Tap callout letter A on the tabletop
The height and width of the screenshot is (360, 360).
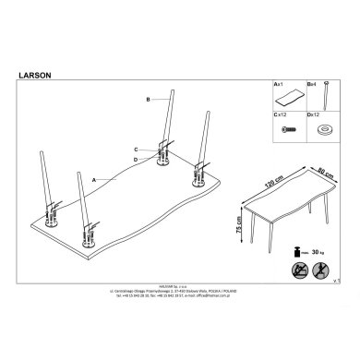click(93, 178)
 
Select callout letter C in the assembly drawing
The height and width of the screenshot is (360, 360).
click(135, 150)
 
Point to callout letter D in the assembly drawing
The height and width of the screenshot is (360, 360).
click(135, 161)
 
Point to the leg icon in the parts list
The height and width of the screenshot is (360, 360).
click(326, 97)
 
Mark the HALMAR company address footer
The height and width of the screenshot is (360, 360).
click(180, 316)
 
